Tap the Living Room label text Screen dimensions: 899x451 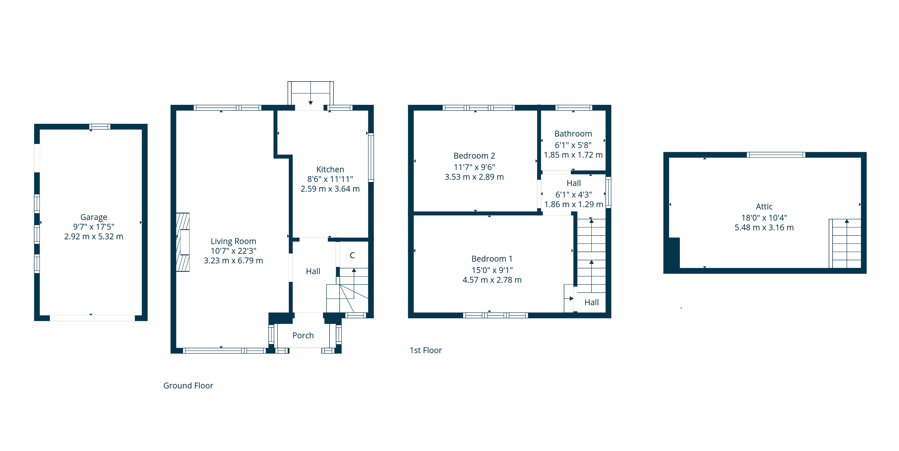[x=233, y=241]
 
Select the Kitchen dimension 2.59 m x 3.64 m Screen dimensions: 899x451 [x=330, y=189]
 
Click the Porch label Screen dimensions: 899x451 [x=303, y=335]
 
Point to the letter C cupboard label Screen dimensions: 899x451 [x=352, y=255]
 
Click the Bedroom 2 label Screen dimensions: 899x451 [x=474, y=156]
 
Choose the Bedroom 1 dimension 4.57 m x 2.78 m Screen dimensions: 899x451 [x=492, y=280]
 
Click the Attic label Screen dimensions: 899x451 [x=764, y=206]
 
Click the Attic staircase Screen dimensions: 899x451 [x=845, y=243]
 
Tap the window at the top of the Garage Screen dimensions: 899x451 [x=100, y=126]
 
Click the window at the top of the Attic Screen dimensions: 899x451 [x=776, y=155]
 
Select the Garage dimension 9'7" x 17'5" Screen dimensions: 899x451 [x=93, y=227]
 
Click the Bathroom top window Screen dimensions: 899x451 [x=573, y=108]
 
